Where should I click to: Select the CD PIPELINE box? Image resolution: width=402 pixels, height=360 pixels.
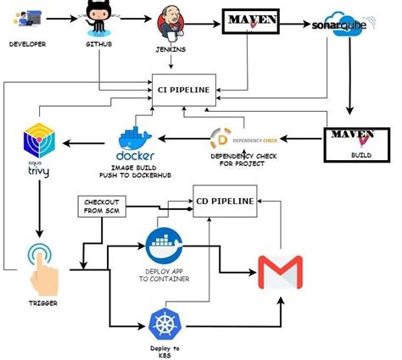point(225,201)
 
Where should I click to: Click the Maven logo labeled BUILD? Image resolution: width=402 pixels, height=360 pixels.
point(351,141)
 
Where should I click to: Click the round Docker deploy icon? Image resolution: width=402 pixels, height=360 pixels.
point(165,244)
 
